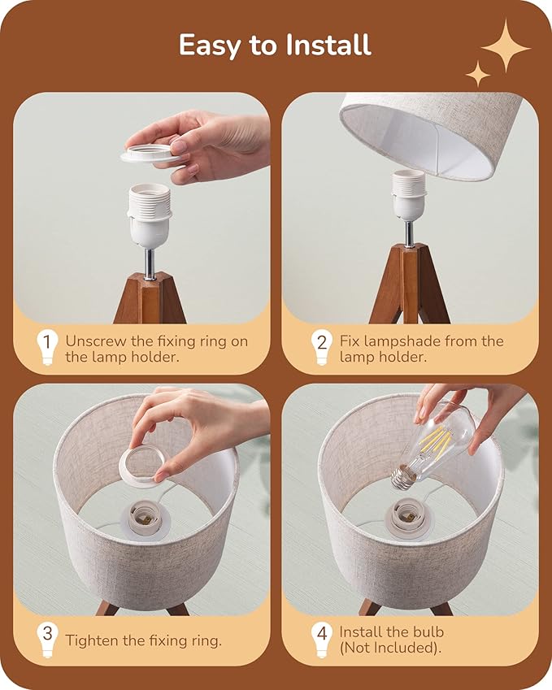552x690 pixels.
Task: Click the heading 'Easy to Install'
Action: (x=275, y=45)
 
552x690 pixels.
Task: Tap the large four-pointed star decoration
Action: (x=505, y=46)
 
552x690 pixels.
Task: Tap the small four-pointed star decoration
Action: (x=478, y=74)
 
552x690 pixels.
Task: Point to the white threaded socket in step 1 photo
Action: (x=150, y=215)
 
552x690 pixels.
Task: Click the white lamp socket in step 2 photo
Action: (x=408, y=195)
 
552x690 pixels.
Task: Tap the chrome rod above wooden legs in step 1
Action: (x=150, y=264)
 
